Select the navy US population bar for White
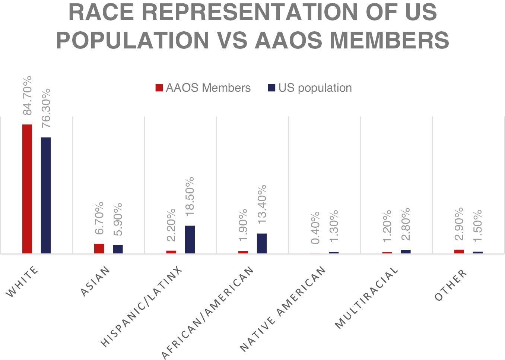point(46,195)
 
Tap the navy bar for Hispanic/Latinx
point(190,239)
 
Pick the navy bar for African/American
point(262,243)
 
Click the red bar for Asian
point(99,249)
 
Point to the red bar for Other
point(459,252)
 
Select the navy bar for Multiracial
point(406,252)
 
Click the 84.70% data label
point(28,95)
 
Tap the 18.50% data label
point(190,196)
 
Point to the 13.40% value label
point(262,204)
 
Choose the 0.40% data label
point(315,228)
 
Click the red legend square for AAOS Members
point(159,88)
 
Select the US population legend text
point(315,88)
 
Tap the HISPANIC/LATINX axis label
point(142,307)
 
